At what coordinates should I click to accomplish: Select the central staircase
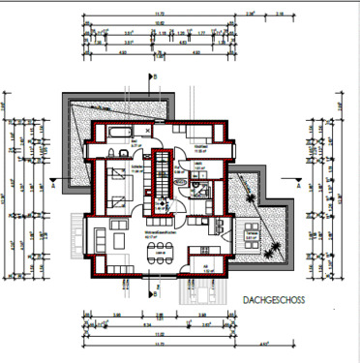(x=157, y=190)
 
